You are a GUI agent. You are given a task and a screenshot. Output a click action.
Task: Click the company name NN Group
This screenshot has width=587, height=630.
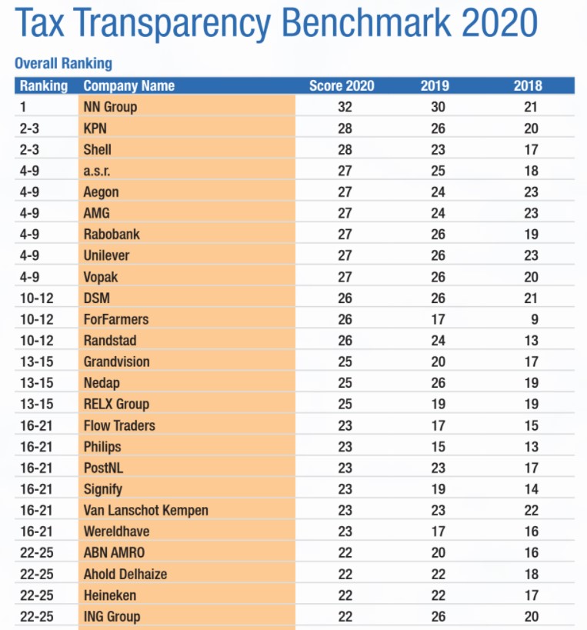[110, 107]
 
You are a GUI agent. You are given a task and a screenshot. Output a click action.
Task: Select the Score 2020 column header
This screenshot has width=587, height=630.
[342, 85]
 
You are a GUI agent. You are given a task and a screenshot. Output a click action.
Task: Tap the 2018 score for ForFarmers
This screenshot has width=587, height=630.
[535, 319]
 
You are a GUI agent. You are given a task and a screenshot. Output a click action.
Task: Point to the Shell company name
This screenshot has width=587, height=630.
[97, 149]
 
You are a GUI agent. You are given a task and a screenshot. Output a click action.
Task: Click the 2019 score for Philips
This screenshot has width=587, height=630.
[438, 447]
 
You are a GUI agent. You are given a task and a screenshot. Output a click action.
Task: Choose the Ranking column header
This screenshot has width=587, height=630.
[44, 85]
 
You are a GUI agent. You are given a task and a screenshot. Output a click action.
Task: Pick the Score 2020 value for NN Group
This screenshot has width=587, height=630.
[345, 107]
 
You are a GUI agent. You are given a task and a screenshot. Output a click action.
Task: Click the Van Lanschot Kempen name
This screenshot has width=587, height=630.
[146, 510]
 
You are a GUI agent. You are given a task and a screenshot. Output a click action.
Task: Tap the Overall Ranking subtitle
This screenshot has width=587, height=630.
[64, 64]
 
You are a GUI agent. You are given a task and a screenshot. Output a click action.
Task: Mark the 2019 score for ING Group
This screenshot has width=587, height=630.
[438, 616]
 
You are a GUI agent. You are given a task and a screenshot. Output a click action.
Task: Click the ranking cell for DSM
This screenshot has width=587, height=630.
[37, 298]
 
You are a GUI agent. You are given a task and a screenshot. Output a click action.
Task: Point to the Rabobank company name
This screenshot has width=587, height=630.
[112, 235]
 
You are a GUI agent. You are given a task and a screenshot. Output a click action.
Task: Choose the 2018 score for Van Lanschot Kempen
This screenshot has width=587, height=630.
[531, 510]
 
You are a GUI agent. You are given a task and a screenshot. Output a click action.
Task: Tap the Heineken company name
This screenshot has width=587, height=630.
[110, 595]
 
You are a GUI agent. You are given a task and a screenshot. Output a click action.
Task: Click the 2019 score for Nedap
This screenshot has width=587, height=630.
[438, 383]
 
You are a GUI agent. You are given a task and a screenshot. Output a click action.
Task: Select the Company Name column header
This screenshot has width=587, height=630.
[129, 85]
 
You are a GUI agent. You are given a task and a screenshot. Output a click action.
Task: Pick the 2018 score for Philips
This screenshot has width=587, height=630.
[531, 447]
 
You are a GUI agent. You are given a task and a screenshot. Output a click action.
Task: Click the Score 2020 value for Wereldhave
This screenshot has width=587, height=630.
[345, 532]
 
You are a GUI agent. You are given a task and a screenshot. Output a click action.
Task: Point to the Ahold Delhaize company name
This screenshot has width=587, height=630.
[125, 574]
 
